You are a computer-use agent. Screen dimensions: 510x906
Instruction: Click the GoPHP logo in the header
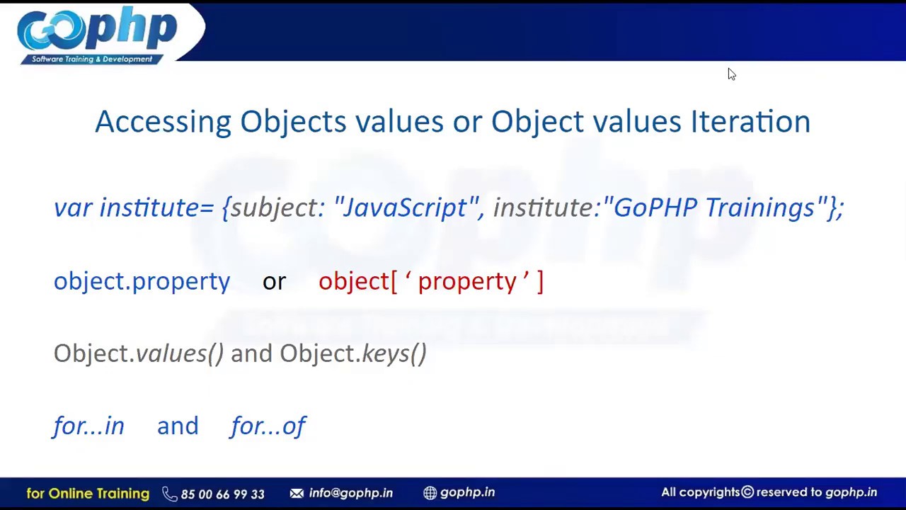point(97,34)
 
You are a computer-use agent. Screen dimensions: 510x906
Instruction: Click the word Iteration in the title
point(750,122)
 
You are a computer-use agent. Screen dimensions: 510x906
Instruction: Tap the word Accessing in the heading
point(163,122)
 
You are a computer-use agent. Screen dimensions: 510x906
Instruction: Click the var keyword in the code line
point(72,208)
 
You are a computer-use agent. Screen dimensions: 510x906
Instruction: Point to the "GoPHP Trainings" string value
point(714,208)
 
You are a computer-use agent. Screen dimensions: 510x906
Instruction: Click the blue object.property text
point(142,282)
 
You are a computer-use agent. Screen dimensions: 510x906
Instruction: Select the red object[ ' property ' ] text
point(430,282)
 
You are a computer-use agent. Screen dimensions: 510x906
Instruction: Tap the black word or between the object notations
point(274,282)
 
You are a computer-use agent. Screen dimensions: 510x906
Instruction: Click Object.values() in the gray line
point(138,353)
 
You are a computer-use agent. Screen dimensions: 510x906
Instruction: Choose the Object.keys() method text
point(352,353)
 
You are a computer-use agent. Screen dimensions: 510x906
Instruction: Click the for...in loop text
point(88,426)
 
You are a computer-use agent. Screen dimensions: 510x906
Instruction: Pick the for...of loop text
point(268,426)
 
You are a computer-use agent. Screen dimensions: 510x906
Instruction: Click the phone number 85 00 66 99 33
point(222,494)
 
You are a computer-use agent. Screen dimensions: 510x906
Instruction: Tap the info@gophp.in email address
point(350,493)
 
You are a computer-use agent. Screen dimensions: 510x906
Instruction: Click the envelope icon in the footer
point(297,493)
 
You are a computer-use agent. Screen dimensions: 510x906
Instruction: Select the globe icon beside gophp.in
point(430,493)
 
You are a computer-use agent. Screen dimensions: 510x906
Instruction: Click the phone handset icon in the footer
point(169,494)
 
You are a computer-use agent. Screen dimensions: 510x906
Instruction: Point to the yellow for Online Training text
point(88,493)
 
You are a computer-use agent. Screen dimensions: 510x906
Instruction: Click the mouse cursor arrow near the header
point(731,74)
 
